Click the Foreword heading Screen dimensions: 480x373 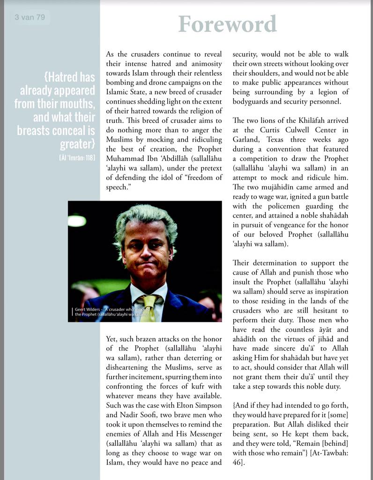point(227,24)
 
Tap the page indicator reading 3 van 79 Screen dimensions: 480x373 point(30,18)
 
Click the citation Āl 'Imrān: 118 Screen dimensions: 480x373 point(77,157)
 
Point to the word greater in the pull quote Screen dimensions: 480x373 point(75,143)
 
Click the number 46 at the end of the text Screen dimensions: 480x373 point(238,462)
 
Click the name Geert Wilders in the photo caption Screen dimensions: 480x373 point(87,309)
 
